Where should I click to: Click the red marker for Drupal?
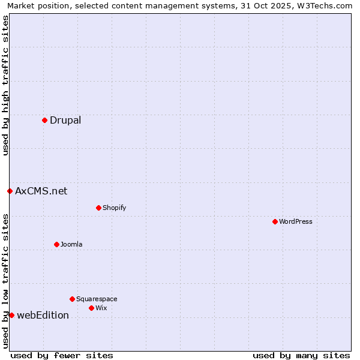tap(44, 120)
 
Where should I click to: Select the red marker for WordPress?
tap(275, 221)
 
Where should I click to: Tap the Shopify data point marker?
tap(98, 208)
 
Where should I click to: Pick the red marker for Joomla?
tap(56, 244)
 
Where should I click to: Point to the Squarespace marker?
tap(72, 299)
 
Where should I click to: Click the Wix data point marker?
tap(91, 308)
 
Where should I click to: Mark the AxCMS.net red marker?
tap(10, 191)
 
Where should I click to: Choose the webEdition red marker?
tap(11, 315)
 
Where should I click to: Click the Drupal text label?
tap(65, 120)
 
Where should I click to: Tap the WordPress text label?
tap(296, 221)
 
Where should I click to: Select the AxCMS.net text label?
tap(41, 191)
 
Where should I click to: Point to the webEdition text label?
tap(43, 315)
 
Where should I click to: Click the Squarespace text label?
tap(97, 299)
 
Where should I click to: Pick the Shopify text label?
tap(114, 208)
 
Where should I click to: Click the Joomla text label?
tap(71, 244)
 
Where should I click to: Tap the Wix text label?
tap(101, 308)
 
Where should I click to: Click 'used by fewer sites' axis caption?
tap(62, 355)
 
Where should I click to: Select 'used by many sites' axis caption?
tap(301, 355)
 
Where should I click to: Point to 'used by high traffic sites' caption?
tap(5, 85)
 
